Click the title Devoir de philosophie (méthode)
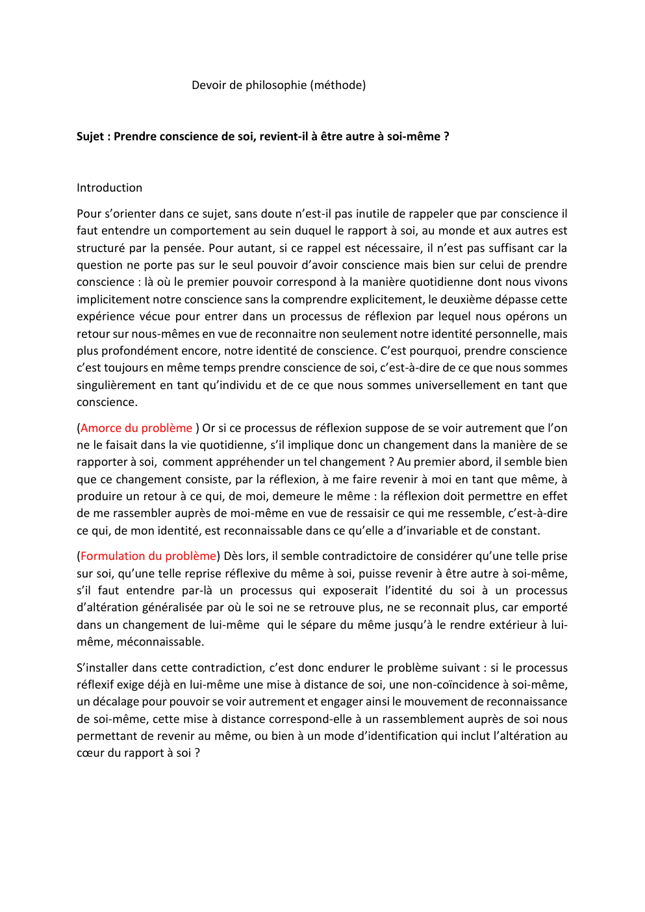coord(279,85)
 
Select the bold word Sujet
coord(90,136)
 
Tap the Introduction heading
coord(109,188)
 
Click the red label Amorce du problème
coord(136,428)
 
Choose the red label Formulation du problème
coord(148,556)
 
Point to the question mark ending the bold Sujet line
coord(446,136)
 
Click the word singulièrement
coord(116,385)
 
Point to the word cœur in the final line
coord(90,753)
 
